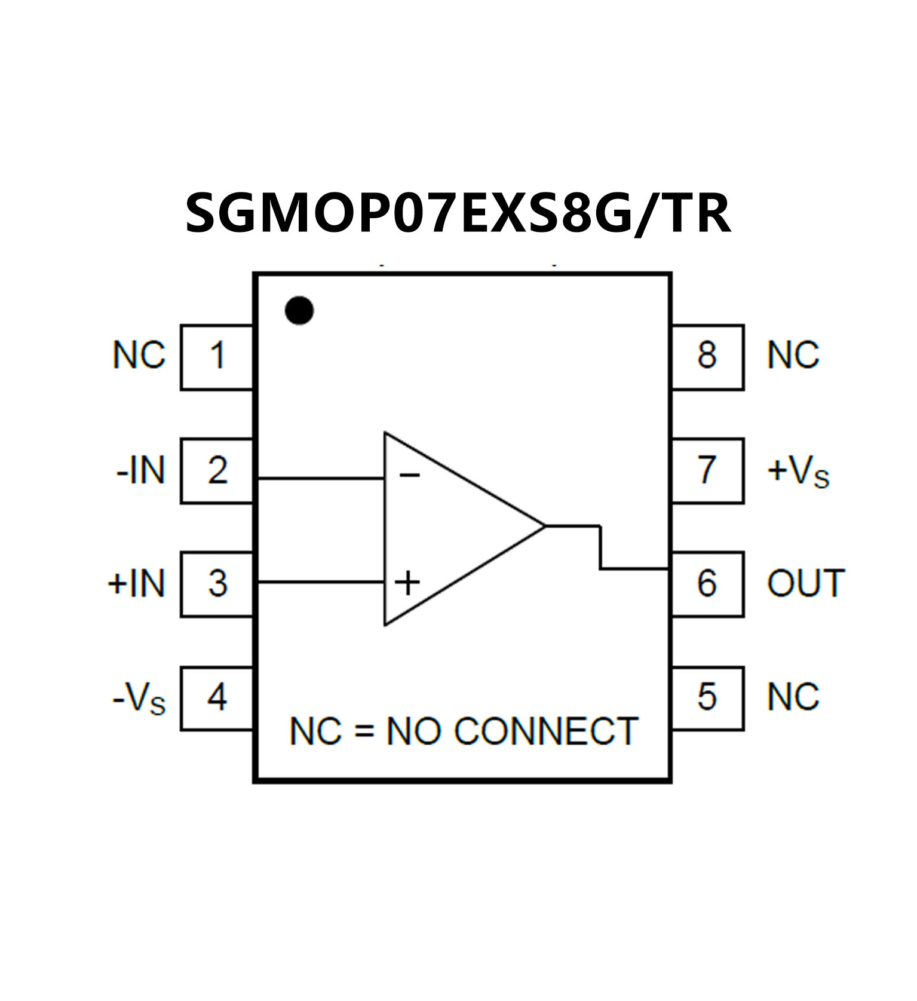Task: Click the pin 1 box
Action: (217, 357)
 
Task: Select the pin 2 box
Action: (217, 471)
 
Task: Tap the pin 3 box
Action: (217, 583)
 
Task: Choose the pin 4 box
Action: (217, 697)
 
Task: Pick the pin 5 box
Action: (707, 697)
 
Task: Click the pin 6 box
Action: (707, 583)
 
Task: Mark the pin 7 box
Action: (707, 471)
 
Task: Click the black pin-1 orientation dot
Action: (299, 310)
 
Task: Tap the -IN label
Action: (140, 471)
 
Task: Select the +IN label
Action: (136, 583)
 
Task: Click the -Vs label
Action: (139, 698)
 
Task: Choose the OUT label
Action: (805, 583)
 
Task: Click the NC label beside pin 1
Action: (139, 356)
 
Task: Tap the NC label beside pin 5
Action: (793, 697)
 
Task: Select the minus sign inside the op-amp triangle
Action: (410, 476)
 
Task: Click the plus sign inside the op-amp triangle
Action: (408, 583)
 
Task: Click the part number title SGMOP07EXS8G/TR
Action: (458, 213)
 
